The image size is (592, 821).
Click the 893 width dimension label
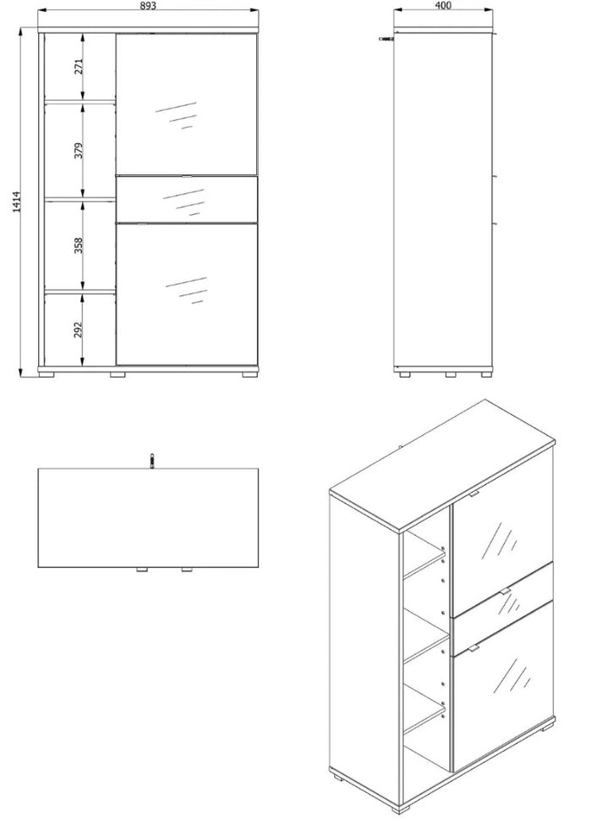tap(148, 6)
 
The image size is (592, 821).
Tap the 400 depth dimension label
tap(442, 6)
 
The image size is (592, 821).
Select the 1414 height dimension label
tap(16, 201)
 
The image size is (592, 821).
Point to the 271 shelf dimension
tap(79, 67)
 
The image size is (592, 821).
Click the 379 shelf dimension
tap(79, 151)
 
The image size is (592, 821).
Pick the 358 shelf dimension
tap(79, 245)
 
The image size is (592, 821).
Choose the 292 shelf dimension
tap(79, 329)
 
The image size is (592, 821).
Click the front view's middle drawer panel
tap(187, 200)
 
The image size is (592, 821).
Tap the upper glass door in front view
tap(187, 104)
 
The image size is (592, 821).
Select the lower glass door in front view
tap(187, 295)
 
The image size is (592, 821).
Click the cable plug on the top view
tap(151, 460)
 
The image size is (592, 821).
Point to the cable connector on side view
tap(386, 38)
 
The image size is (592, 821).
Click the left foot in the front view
tap(47, 374)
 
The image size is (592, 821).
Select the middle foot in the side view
tap(450, 375)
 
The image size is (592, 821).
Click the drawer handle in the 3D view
tap(504, 591)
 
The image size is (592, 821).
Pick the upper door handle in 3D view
tap(474, 493)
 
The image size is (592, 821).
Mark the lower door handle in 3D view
tap(474, 648)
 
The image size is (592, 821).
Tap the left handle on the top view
tap(142, 570)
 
